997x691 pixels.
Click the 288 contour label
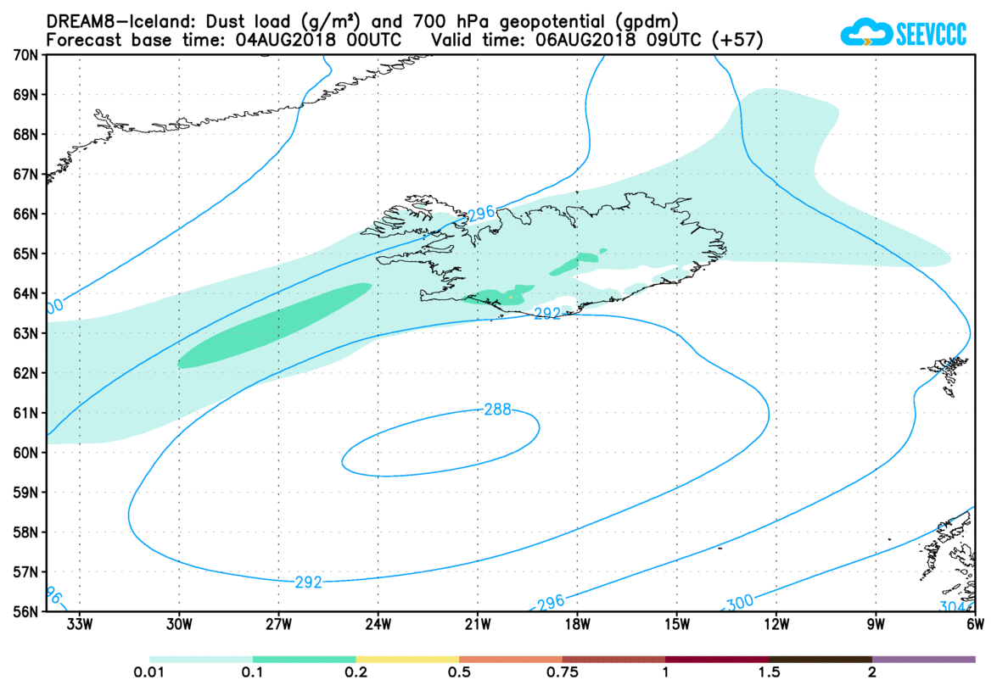pyautogui.click(x=497, y=410)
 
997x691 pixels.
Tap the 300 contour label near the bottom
pyautogui.click(x=738, y=603)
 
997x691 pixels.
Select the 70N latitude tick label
pyautogui.click(x=26, y=55)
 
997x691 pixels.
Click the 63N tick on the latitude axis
pyautogui.click(x=26, y=333)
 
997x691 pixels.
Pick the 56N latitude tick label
pyautogui.click(x=26, y=611)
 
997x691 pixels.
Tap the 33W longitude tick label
pyautogui.click(x=79, y=627)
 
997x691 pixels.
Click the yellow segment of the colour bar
pyautogui.click(x=407, y=659)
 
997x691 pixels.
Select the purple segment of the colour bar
pyautogui.click(x=923, y=659)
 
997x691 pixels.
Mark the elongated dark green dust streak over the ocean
pyautogui.click(x=276, y=326)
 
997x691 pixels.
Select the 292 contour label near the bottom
pyautogui.click(x=309, y=582)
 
